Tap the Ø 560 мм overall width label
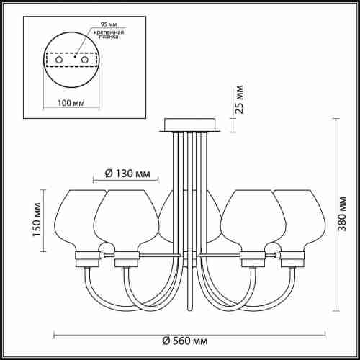[185, 341]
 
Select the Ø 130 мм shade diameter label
[127, 174]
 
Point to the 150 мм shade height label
[37, 220]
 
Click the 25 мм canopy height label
[239, 99]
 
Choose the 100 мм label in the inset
[71, 103]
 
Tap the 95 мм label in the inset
[109, 24]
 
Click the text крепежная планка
[109, 35]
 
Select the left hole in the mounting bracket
[59, 60]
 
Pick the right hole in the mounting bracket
[85, 60]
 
